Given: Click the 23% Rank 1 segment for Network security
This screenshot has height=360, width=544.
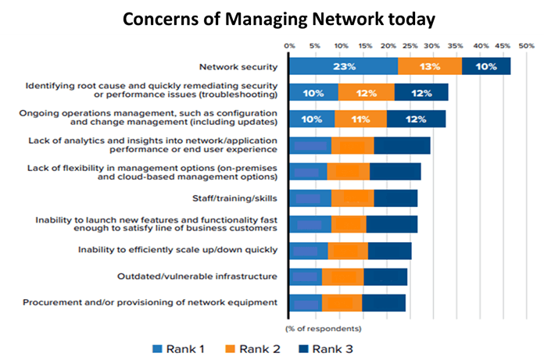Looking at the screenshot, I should (x=343, y=66).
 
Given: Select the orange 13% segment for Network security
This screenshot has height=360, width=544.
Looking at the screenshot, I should (x=430, y=66).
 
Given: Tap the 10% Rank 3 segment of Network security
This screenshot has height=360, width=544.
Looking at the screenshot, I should (x=486, y=66).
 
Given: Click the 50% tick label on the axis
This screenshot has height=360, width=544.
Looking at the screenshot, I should (x=527, y=46).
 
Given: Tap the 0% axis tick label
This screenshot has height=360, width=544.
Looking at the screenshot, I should (x=289, y=46).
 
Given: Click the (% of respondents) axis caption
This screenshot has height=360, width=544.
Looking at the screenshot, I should (x=323, y=326).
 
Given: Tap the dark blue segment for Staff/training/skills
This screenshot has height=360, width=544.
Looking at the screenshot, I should (x=395, y=198).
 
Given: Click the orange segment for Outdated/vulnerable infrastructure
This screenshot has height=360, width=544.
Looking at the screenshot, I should (x=342, y=276).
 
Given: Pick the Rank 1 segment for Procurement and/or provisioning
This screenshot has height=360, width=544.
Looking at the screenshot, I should (x=306, y=303).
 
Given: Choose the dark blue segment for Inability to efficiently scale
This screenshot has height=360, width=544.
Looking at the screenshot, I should (x=389, y=250).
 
